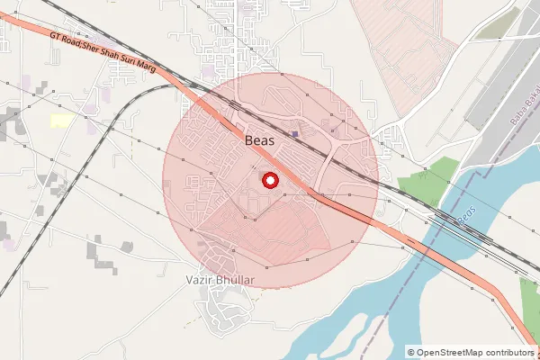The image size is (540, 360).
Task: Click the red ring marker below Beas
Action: (x=268, y=180)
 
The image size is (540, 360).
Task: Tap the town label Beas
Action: (x=260, y=140)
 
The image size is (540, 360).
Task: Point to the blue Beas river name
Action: (x=465, y=216)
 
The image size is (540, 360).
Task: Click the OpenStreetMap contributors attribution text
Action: (x=474, y=352)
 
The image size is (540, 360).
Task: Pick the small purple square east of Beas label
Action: (x=295, y=135)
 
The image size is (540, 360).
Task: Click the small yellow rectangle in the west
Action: (x=61, y=121)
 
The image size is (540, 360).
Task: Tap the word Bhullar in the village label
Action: (x=238, y=281)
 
